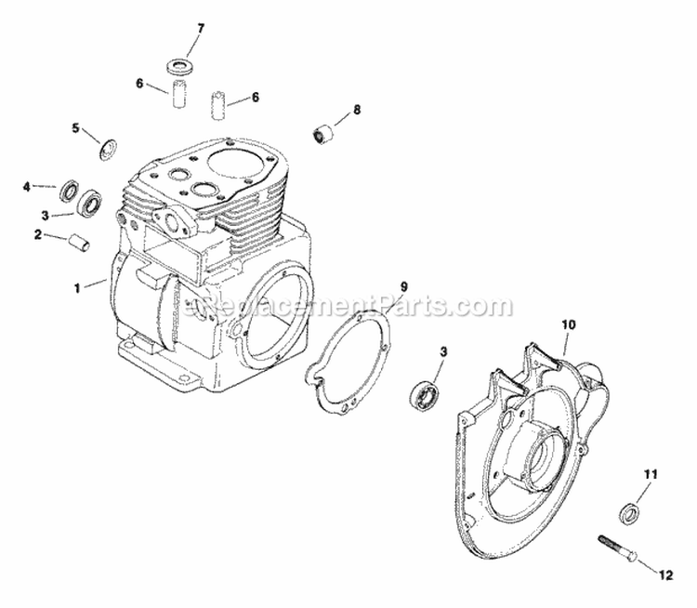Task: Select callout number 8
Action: click(x=356, y=110)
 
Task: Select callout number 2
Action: click(x=38, y=234)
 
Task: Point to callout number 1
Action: click(x=77, y=289)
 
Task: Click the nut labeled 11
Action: click(x=628, y=512)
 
